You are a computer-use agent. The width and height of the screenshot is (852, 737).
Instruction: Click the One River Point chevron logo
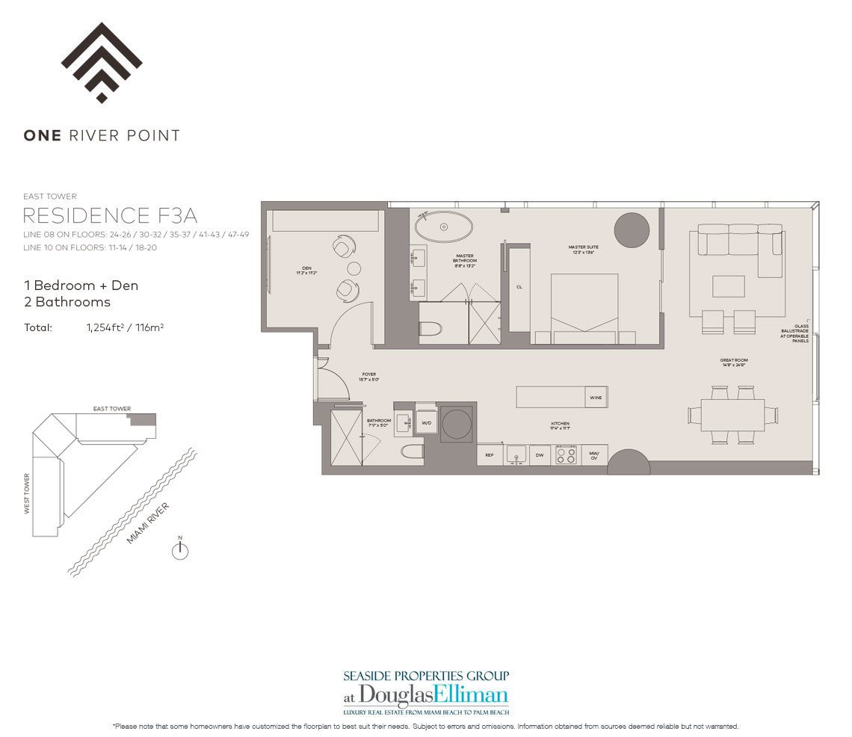pyautogui.click(x=102, y=63)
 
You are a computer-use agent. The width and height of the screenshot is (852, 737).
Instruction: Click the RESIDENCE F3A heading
pyautogui.click(x=110, y=216)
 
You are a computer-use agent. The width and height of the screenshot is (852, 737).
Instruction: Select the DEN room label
pyautogui.click(x=306, y=268)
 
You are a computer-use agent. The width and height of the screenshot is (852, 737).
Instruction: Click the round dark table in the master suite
pyautogui.click(x=632, y=230)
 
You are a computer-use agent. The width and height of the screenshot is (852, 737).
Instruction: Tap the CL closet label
pyautogui.click(x=519, y=286)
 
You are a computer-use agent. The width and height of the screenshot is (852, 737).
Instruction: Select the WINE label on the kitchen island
pyautogui.click(x=596, y=398)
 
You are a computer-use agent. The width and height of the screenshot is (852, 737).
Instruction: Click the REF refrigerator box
pyautogui.click(x=490, y=454)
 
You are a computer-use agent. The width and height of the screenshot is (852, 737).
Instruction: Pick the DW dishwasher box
pyautogui.click(x=540, y=454)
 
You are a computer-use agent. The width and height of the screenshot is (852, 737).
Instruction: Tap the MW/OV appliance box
pyautogui.click(x=595, y=454)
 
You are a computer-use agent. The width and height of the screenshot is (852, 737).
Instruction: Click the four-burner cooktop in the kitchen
pyautogui.click(x=567, y=454)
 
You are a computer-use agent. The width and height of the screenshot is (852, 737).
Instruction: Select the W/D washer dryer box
pyautogui.click(x=426, y=423)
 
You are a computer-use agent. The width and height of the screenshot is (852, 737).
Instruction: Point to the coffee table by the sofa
pyautogui.click(x=728, y=286)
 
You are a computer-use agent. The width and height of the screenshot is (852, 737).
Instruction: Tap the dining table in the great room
pyautogui.click(x=732, y=415)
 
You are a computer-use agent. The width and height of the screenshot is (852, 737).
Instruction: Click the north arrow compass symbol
pyautogui.click(x=180, y=552)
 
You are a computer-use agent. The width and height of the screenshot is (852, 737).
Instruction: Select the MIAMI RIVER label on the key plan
pyautogui.click(x=148, y=523)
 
